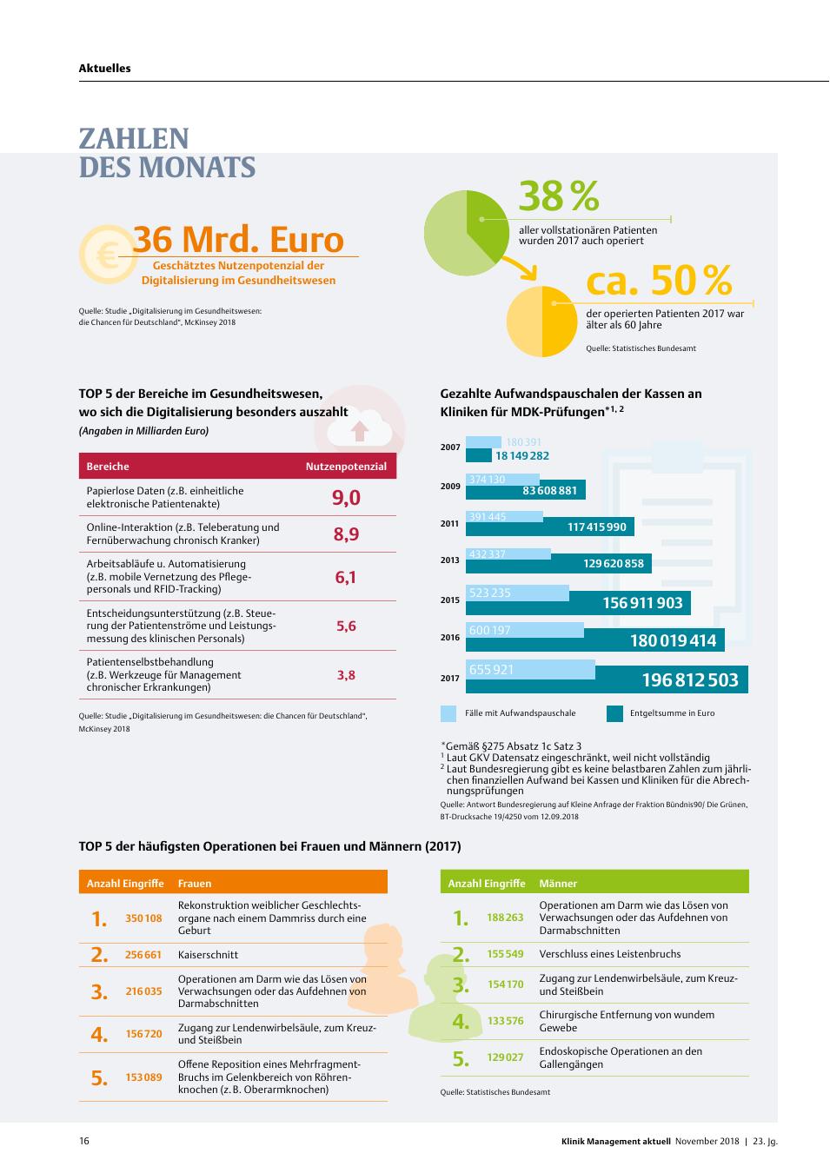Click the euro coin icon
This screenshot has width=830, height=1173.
click(x=109, y=255)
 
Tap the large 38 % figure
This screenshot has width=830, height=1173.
click(x=559, y=195)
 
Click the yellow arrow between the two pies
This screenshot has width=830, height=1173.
click(x=520, y=267)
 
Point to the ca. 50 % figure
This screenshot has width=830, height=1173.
click(x=659, y=280)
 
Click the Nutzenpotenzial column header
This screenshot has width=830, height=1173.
click(x=346, y=466)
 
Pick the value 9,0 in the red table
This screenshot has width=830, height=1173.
click(x=346, y=497)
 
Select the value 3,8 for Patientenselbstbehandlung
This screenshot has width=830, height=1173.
click(x=346, y=674)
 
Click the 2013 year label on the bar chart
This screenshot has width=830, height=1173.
click(x=450, y=560)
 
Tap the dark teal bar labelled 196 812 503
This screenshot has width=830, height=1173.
click(x=607, y=679)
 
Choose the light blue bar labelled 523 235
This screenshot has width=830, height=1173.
click(x=517, y=593)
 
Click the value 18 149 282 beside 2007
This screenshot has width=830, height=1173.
click(x=522, y=455)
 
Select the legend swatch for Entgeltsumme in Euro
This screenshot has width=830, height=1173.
click(x=614, y=713)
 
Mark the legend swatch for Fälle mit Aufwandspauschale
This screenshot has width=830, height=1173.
click(x=448, y=713)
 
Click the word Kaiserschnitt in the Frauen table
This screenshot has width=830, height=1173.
click(x=208, y=954)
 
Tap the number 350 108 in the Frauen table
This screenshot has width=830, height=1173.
click(x=143, y=918)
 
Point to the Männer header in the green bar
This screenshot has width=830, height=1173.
click(x=558, y=883)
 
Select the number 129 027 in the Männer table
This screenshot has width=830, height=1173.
click(x=505, y=1057)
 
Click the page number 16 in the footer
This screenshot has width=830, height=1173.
click(x=84, y=1141)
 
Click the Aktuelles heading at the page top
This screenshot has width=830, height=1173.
click(x=105, y=68)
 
